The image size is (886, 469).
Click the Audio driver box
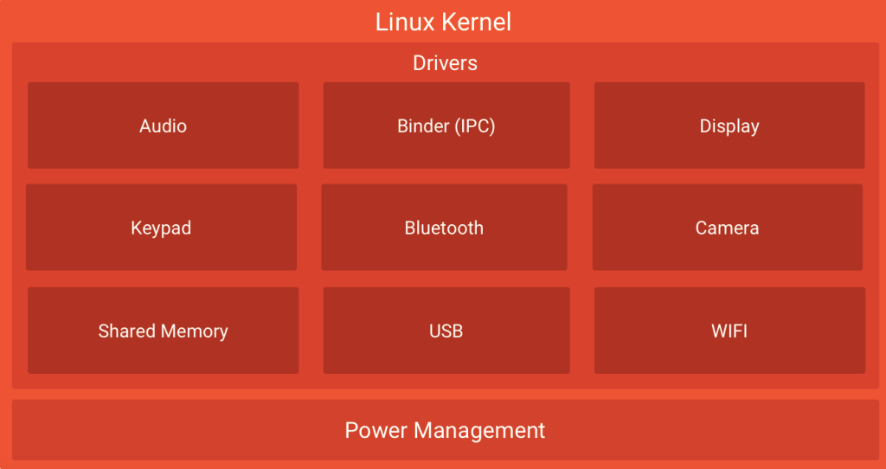(163, 125)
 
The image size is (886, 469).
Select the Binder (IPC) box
(446, 125)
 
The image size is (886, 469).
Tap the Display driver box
(729, 125)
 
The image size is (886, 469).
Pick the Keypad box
(161, 228)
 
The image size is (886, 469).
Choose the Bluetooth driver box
(444, 228)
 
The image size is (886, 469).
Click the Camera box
(727, 228)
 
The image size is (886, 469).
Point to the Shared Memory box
(163, 331)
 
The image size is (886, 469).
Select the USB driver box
(446, 331)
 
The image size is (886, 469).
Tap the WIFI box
(729, 331)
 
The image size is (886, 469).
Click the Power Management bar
(445, 430)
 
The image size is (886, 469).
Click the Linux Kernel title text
(443, 22)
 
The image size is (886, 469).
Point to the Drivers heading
(445, 63)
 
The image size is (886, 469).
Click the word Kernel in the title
(475, 22)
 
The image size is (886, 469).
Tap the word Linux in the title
(405, 22)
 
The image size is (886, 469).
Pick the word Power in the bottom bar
(376, 430)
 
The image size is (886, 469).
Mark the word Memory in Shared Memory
(196, 331)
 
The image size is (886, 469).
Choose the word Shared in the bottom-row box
(126, 331)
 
